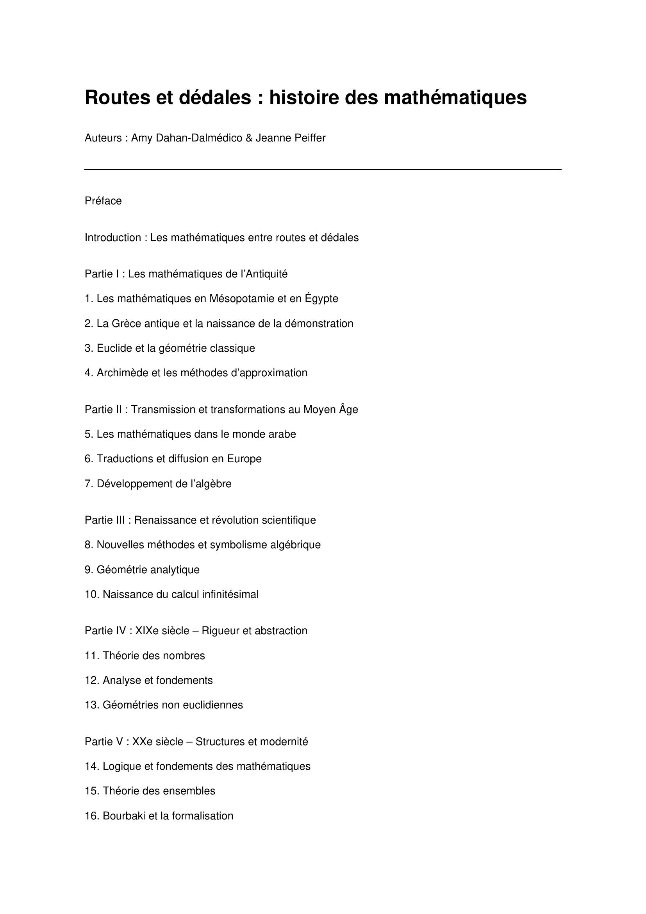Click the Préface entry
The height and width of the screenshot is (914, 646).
(103, 201)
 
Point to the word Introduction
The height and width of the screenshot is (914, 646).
(112, 238)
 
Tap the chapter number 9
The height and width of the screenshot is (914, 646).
(89, 570)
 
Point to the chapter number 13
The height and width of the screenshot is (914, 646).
(91, 705)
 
